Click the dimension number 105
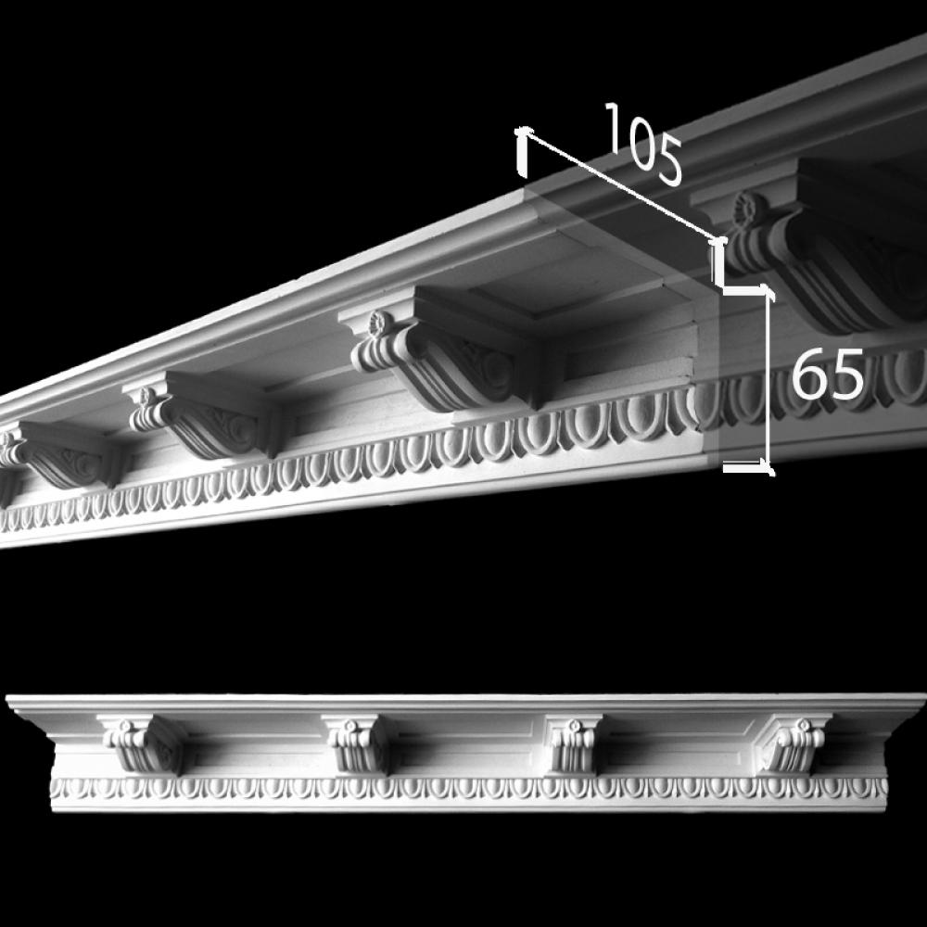(x=643, y=144)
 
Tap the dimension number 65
(x=828, y=375)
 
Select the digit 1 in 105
(x=613, y=128)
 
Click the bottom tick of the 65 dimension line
(x=746, y=468)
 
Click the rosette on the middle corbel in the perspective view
(x=376, y=323)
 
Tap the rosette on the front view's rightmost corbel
(x=802, y=725)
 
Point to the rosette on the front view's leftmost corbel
(x=125, y=725)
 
